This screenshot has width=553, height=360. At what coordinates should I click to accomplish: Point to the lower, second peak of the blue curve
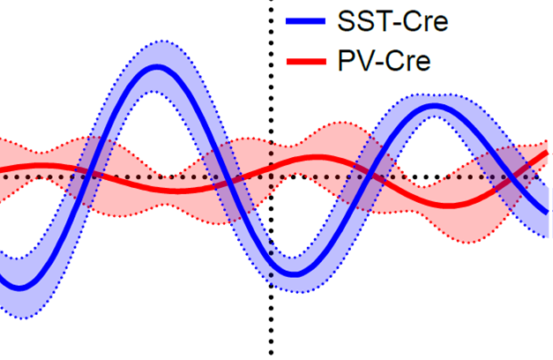(x=435, y=108)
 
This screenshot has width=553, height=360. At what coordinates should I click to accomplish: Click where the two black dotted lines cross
(x=268, y=177)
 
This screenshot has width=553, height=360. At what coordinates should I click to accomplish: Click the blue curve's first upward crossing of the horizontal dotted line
(x=87, y=177)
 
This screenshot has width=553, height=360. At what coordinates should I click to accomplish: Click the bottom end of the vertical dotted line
(x=268, y=356)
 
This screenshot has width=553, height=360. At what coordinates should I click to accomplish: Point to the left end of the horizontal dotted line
(x=3, y=177)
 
